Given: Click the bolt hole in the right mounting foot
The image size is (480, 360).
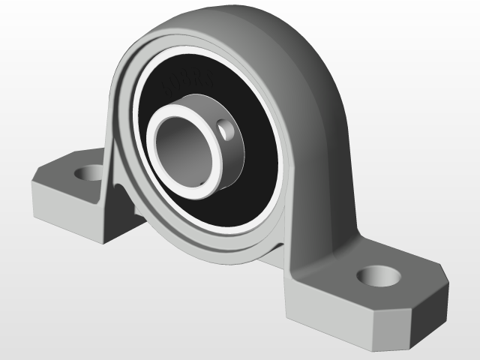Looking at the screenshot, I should [x=379, y=275].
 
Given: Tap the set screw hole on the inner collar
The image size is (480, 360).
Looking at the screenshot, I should [x=227, y=130].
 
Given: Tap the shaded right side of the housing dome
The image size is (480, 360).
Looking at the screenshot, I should [x=330, y=150].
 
